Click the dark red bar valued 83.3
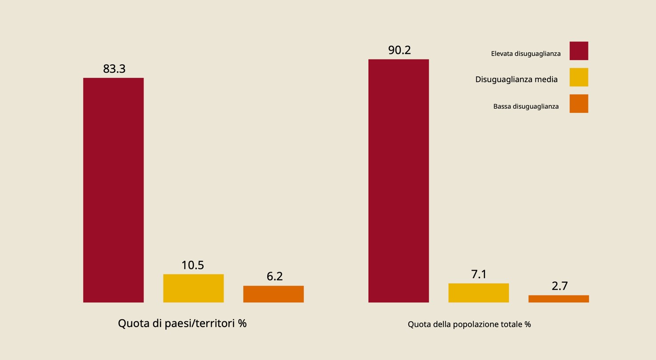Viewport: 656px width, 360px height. (x=113, y=190)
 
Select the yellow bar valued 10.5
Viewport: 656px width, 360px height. (x=193, y=288)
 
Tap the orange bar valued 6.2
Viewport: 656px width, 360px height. (x=274, y=294)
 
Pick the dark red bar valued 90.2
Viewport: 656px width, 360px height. (x=398, y=181)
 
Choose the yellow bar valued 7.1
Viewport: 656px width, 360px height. (x=479, y=293)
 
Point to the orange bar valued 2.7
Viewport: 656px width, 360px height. (x=559, y=299)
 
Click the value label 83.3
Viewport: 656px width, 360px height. (x=114, y=69)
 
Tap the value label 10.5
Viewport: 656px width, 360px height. (x=193, y=265)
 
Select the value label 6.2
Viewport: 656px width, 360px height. (x=274, y=276)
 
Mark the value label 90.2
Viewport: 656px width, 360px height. (x=399, y=50)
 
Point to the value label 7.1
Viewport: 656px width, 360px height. (x=479, y=275)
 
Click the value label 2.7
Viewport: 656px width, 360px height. (x=559, y=286)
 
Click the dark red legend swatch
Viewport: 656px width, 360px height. (x=579, y=51)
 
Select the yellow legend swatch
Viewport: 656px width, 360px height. (x=579, y=77)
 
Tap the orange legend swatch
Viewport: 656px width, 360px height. (x=579, y=104)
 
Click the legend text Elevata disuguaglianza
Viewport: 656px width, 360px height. (x=526, y=54)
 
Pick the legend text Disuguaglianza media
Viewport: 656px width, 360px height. (x=516, y=80)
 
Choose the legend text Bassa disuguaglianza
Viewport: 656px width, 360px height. (x=526, y=107)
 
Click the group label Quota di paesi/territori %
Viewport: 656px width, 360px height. (x=182, y=324)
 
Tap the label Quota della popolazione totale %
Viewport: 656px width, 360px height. (x=469, y=324)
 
